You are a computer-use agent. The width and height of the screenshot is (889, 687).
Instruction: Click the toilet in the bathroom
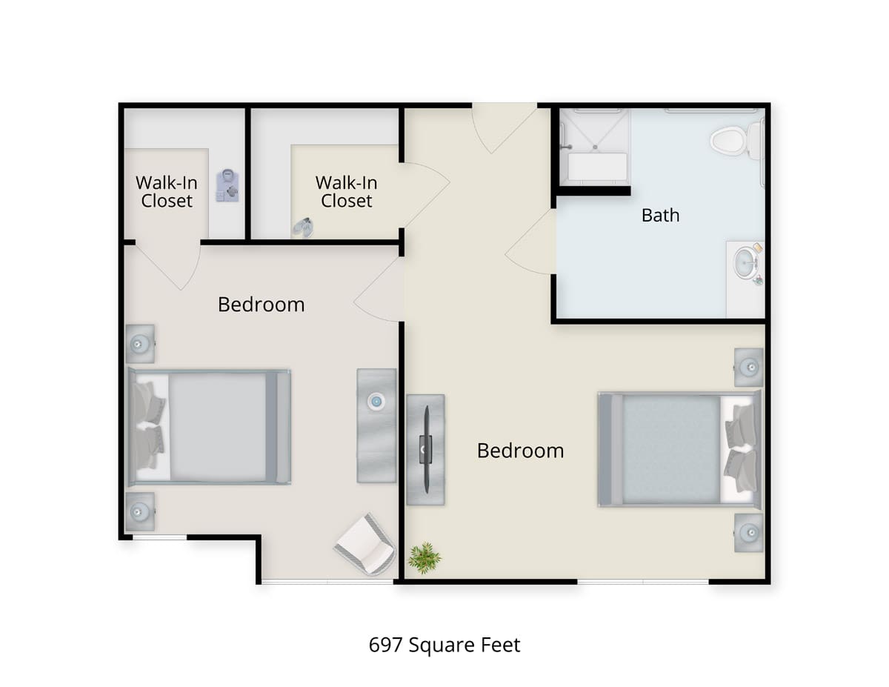point(732,140)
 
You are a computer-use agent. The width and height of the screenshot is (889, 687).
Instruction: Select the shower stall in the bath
point(594,146)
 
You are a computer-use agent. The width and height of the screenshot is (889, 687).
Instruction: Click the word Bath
point(660,216)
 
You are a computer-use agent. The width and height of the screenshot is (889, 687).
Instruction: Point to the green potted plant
point(424,557)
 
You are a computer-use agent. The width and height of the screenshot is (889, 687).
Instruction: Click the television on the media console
point(426,448)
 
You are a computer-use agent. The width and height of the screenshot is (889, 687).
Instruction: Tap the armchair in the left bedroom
point(365,545)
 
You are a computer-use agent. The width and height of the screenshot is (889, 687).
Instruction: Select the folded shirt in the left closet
point(227,185)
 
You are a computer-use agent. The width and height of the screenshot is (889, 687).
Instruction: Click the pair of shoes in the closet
point(302,227)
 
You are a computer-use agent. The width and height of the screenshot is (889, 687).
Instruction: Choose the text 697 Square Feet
point(444,645)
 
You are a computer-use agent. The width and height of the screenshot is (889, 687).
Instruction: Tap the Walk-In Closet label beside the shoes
point(347,191)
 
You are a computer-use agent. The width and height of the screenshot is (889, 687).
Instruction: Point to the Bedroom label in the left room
point(261,305)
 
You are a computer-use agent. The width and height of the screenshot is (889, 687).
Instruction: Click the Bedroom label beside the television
point(520,451)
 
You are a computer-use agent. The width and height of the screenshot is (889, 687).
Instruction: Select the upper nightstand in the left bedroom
point(139,344)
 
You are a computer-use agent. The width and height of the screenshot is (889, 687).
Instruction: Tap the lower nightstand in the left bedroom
point(139,511)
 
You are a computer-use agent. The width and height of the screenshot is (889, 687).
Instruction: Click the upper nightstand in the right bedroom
point(749,367)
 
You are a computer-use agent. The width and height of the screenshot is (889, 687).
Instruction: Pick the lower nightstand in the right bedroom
point(749,532)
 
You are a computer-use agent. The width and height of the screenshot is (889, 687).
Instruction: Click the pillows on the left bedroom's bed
point(148,426)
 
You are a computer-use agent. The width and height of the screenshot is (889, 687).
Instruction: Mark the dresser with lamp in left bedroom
point(376,425)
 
